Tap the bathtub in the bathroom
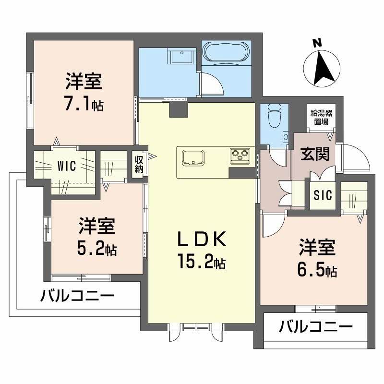click(x=224, y=52)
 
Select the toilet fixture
click(x=275, y=115)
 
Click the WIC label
click(x=66, y=167)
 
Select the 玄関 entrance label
click(x=315, y=155)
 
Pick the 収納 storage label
click(x=139, y=164)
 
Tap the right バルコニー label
click(x=316, y=328)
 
